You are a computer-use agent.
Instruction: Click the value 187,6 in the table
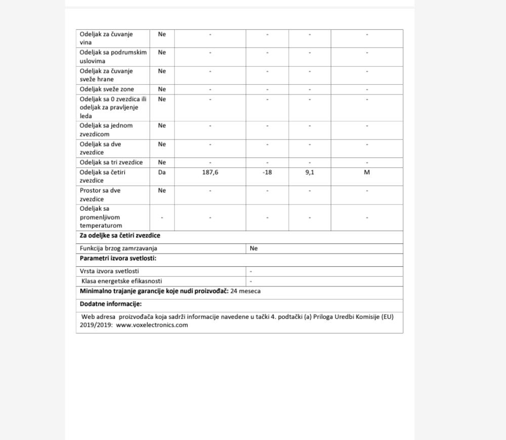[x=210, y=172]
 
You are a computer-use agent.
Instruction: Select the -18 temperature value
[x=267, y=172]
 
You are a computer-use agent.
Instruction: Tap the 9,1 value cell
[x=310, y=172]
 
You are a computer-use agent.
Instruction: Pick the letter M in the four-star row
[x=367, y=172]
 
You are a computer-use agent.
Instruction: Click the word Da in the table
[x=162, y=172]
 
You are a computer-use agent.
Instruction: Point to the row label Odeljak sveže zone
[x=107, y=89]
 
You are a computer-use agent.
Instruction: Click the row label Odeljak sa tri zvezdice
[x=111, y=162]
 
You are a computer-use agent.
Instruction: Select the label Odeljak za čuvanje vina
[x=106, y=38]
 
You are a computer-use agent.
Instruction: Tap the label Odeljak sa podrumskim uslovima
[x=113, y=57]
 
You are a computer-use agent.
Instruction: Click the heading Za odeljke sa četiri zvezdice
[x=120, y=236]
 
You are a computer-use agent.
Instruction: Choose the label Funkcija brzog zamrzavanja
[x=118, y=249]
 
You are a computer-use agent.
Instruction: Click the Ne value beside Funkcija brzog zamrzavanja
[x=254, y=249]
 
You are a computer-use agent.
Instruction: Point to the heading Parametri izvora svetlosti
[x=118, y=259]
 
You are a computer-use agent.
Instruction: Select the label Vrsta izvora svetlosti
[x=109, y=271]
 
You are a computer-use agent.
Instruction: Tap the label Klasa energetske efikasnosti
[x=122, y=281]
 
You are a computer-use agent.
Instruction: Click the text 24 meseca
[x=245, y=291]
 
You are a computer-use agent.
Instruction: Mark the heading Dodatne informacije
[x=111, y=304]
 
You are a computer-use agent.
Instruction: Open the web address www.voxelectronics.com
[x=152, y=325]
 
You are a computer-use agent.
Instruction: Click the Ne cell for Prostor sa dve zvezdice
[x=162, y=190]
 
